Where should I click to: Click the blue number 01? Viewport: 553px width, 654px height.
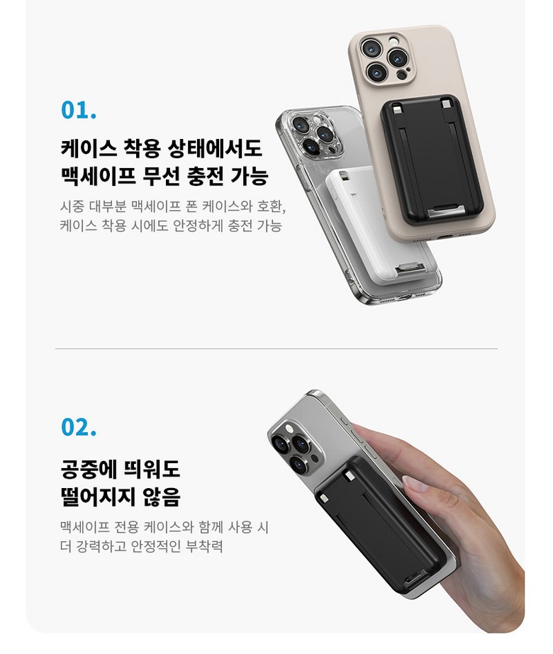79,110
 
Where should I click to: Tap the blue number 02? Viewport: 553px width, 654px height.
79,427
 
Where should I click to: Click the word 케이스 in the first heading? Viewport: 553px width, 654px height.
89,148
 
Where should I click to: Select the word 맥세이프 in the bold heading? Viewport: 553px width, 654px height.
99,176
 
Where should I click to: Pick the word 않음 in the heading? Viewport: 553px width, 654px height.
162,497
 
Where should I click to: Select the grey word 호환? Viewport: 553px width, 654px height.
272,206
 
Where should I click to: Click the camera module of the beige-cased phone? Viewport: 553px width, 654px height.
386,58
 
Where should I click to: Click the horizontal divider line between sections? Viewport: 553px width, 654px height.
276,348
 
